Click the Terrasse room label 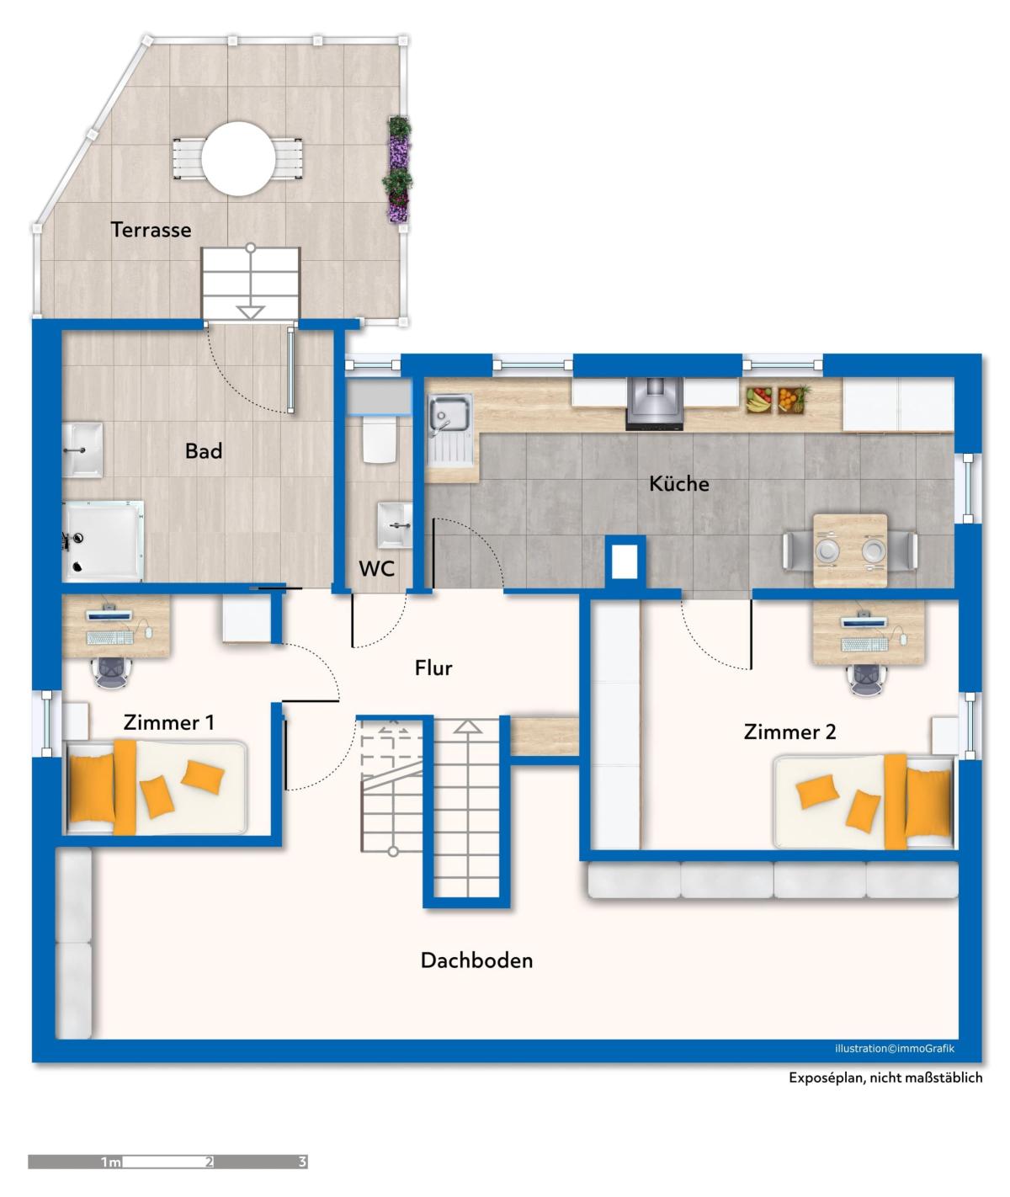(151, 230)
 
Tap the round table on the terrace (237, 158)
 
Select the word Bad (204, 450)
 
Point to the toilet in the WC (380, 439)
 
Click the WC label (376, 569)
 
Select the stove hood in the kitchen (654, 403)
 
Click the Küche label (678, 483)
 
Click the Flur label (433, 668)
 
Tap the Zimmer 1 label (169, 722)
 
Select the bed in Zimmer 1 (156, 786)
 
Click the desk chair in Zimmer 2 (869, 678)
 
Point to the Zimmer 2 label (789, 731)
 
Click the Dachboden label (477, 960)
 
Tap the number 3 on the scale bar (303, 1162)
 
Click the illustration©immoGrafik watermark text (895, 1049)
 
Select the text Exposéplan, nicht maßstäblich (885, 1078)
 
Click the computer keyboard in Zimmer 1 (109, 637)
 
